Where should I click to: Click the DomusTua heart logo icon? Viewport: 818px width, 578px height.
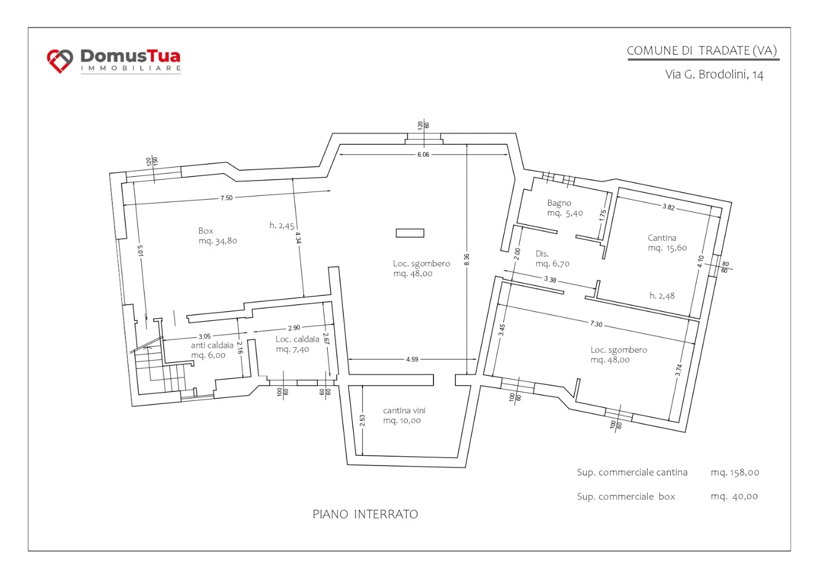click(60, 61)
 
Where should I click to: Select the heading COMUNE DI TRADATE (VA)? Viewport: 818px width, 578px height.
click(701, 50)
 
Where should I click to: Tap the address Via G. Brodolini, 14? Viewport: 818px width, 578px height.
click(714, 75)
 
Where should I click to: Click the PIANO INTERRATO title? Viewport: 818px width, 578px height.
click(365, 514)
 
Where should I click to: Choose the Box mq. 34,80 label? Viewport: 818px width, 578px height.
click(218, 236)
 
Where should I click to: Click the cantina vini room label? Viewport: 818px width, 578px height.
click(404, 415)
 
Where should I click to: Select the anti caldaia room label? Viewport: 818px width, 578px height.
click(212, 350)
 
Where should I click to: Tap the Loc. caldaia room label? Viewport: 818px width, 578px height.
click(297, 344)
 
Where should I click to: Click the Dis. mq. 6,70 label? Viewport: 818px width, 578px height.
click(552, 259)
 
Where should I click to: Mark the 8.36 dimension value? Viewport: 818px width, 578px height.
click(467, 260)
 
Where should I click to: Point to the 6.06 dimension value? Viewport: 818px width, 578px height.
click(423, 154)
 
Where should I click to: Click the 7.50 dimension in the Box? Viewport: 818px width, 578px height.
click(226, 198)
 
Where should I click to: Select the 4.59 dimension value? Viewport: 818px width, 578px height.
click(412, 359)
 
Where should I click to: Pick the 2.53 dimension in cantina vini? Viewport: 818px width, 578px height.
click(362, 420)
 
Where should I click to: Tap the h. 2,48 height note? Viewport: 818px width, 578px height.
click(662, 296)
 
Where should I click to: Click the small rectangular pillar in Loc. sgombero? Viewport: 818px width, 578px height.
click(410, 233)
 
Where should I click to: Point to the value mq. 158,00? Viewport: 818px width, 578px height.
click(735, 473)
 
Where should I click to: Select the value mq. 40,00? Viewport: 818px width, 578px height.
click(734, 497)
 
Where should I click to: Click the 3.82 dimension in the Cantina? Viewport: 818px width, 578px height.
click(669, 207)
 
